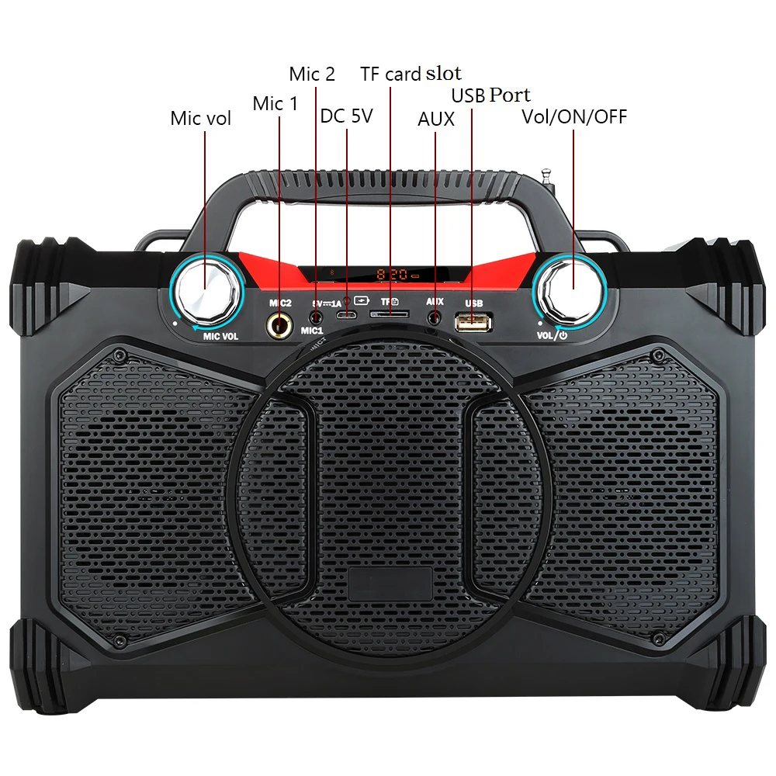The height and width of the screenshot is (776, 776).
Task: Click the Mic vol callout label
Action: point(200,119)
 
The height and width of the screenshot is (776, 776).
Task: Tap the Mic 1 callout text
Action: point(275,103)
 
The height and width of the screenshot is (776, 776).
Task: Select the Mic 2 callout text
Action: point(312,74)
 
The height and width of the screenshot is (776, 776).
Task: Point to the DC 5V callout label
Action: point(346,116)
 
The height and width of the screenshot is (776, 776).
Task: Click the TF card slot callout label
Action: point(411,74)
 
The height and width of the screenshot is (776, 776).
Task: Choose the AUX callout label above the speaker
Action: point(435,120)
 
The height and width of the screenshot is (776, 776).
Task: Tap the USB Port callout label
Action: point(491,95)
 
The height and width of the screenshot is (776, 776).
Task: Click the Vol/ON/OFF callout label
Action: point(574,117)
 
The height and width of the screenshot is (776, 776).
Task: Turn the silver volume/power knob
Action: point(573,288)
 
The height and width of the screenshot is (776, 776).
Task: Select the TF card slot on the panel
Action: point(390,315)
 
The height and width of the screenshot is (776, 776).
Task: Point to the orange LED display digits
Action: point(397,275)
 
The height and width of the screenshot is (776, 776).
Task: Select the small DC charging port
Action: point(347,316)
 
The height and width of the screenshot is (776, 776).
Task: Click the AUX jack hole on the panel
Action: point(435,317)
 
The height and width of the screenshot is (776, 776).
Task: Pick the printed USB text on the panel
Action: point(473,303)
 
